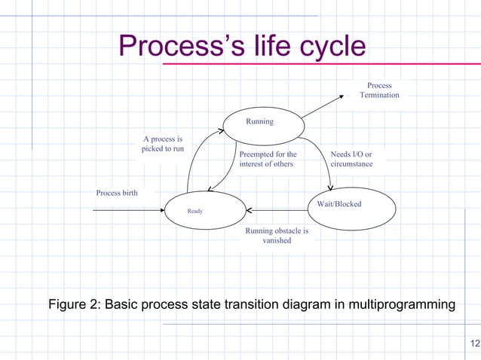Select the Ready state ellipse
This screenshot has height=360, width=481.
pyautogui.click(x=205, y=210)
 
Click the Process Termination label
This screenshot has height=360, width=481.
pyautogui.click(x=379, y=90)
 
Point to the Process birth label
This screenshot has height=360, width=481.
pyautogui.click(x=117, y=194)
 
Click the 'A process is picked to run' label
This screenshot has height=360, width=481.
pyautogui.click(x=163, y=144)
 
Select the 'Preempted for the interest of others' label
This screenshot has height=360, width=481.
pyautogui.click(x=268, y=159)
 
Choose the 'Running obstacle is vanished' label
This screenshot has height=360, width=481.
pyautogui.click(x=277, y=236)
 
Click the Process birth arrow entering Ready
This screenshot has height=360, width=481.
pyautogui.click(x=128, y=209)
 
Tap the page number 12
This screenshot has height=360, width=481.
pyautogui.click(x=473, y=344)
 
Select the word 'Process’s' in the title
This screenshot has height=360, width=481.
pyautogui.click(x=171, y=47)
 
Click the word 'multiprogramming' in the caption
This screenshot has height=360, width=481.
pyautogui.click(x=397, y=305)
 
